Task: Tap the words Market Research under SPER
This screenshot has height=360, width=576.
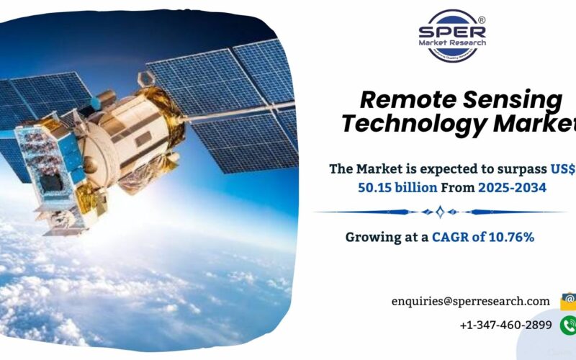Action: click(452, 43)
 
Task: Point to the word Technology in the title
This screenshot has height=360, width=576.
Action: click(415, 124)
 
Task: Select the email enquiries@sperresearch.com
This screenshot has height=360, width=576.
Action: click(470, 301)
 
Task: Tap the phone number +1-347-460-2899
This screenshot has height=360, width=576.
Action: click(505, 325)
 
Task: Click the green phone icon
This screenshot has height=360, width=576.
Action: click(568, 325)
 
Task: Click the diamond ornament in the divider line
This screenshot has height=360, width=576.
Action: click(441, 212)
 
